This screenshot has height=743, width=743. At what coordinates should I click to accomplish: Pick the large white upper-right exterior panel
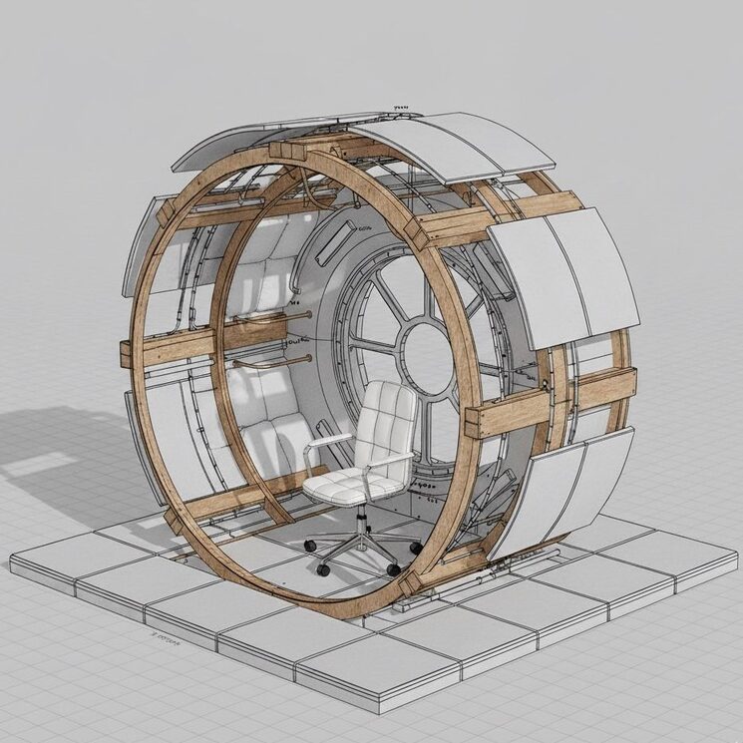[x=563, y=274]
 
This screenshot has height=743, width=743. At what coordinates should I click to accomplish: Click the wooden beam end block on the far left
[x=127, y=353]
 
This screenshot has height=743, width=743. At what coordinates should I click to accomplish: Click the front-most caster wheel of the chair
[x=323, y=569]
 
